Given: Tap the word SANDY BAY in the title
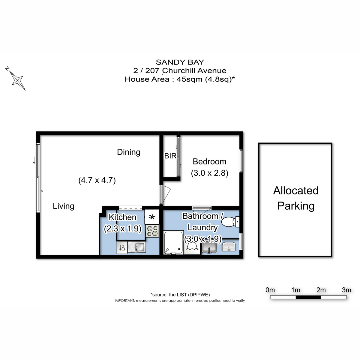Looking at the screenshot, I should pyautogui.click(x=180, y=62).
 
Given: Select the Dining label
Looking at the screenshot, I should pyautogui.click(x=128, y=152).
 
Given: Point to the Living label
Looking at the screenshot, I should pyautogui.click(x=63, y=206).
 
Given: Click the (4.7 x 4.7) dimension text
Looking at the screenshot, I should pyautogui.click(x=97, y=180).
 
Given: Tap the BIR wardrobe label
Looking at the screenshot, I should pyautogui.click(x=170, y=156).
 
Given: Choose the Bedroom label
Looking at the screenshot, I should pyautogui.click(x=209, y=162).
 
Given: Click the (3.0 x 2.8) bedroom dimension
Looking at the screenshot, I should pyautogui.click(x=210, y=173).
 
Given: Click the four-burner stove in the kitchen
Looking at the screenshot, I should pyautogui.click(x=152, y=231).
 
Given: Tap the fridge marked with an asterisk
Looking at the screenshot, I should pyautogui.click(x=152, y=217).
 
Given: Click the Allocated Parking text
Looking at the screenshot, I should pyautogui.click(x=295, y=198).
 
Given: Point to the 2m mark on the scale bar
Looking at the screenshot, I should pyautogui.click(x=321, y=290).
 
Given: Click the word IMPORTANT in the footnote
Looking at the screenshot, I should pyautogui.click(x=125, y=301).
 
